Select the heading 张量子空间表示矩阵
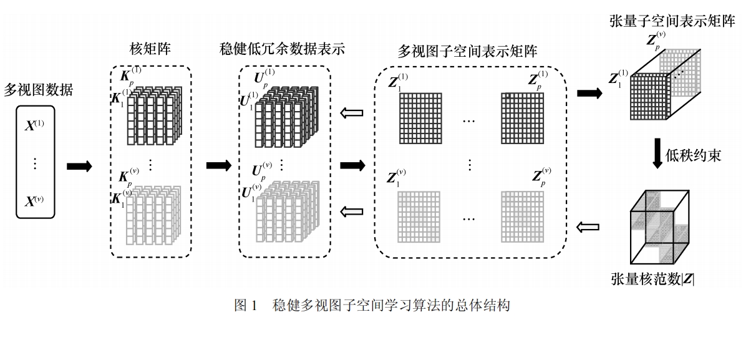(x=672, y=21)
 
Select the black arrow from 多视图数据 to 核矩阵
(x=79, y=166)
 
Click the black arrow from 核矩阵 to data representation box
(x=218, y=165)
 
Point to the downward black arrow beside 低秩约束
(x=657, y=154)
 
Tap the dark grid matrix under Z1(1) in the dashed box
(x=420, y=117)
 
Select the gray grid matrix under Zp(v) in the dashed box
(x=523, y=216)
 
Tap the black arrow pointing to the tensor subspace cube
(x=589, y=94)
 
